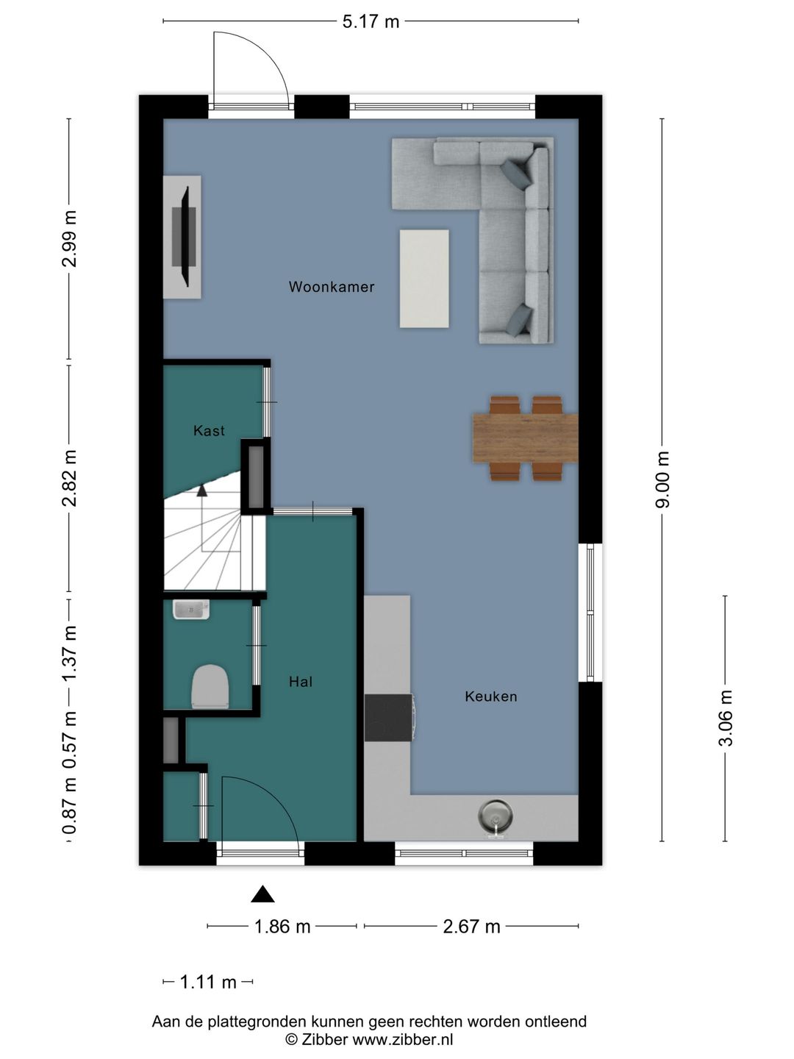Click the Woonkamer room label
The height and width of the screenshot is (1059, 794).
pyautogui.click(x=331, y=287)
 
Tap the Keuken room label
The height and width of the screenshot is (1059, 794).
pyautogui.click(x=491, y=696)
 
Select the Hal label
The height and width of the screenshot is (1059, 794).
pyautogui.click(x=301, y=681)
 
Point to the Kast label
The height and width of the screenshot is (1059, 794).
pyautogui.click(x=209, y=430)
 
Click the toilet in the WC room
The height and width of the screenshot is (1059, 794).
pyautogui.click(x=210, y=686)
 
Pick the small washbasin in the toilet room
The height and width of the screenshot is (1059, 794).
pyautogui.click(x=191, y=610)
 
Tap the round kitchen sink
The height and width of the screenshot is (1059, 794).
pyautogui.click(x=495, y=816)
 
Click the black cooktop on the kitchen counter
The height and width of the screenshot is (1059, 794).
pyautogui.click(x=389, y=718)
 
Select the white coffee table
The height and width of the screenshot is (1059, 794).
pyautogui.click(x=424, y=279)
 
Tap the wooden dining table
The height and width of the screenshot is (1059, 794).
pyautogui.click(x=526, y=438)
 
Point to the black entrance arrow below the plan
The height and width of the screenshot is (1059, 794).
pyautogui.click(x=262, y=894)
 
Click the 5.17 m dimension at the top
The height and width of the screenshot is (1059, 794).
pyautogui.click(x=371, y=22)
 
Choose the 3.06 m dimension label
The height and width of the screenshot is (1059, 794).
pyautogui.click(x=726, y=718)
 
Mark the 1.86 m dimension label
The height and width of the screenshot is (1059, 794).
pyautogui.click(x=282, y=927)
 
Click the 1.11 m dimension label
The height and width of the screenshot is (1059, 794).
pyautogui.click(x=208, y=982)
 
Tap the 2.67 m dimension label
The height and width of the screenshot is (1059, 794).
pyautogui.click(x=471, y=927)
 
